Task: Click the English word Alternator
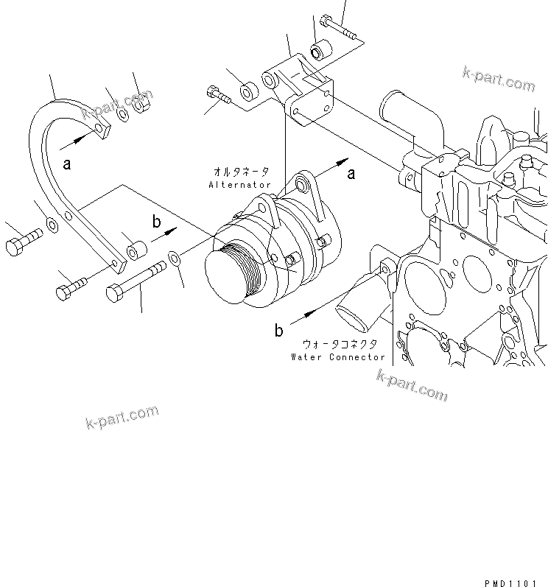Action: pos(240,185)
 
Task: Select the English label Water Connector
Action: pos(337,357)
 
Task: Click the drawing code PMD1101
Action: pos(511,582)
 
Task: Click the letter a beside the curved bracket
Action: pos(67,164)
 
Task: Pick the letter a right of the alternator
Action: pos(351,173)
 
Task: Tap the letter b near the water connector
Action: pos(279,331)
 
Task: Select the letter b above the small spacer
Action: pos(155,220)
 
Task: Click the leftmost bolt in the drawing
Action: pos(23,245)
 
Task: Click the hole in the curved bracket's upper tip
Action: pos(101,130)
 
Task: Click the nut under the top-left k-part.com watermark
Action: pos(142,107)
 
